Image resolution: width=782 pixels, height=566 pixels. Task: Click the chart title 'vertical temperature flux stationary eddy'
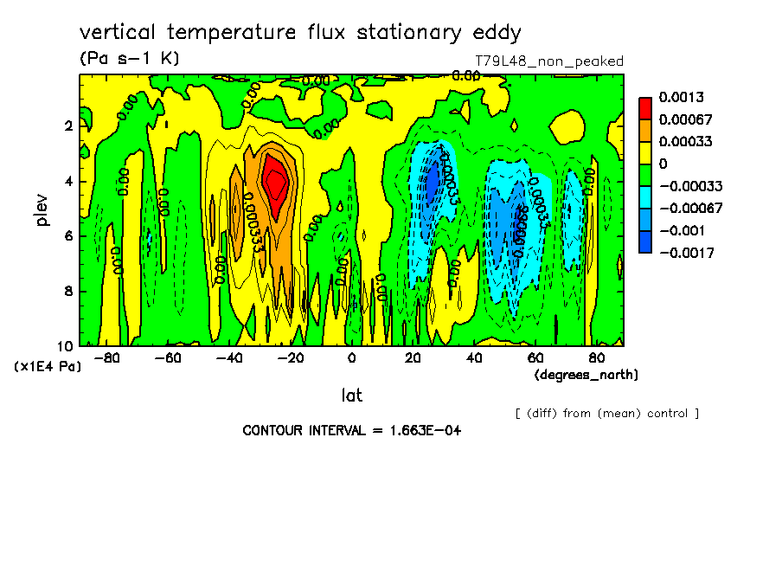click(300, 33)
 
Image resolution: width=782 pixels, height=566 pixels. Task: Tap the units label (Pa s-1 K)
click(129, 59)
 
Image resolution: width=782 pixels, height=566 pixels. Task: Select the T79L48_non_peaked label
click(549, 61)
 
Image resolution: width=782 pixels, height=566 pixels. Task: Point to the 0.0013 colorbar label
click(680, 96)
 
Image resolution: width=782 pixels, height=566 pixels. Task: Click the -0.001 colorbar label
click(681, 230)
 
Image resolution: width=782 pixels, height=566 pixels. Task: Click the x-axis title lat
click(351, 396)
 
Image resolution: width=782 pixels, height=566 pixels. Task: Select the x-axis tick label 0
click(351, 357)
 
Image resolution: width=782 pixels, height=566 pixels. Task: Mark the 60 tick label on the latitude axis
click(535, 357)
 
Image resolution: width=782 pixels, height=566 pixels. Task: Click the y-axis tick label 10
click(65, 345)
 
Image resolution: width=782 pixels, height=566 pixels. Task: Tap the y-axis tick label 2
click(68, 125)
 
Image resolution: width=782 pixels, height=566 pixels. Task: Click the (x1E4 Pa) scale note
click(48, 367)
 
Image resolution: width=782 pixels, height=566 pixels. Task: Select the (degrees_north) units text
click(586, 375)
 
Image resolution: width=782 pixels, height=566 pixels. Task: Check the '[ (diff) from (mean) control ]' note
click(606, 413)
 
